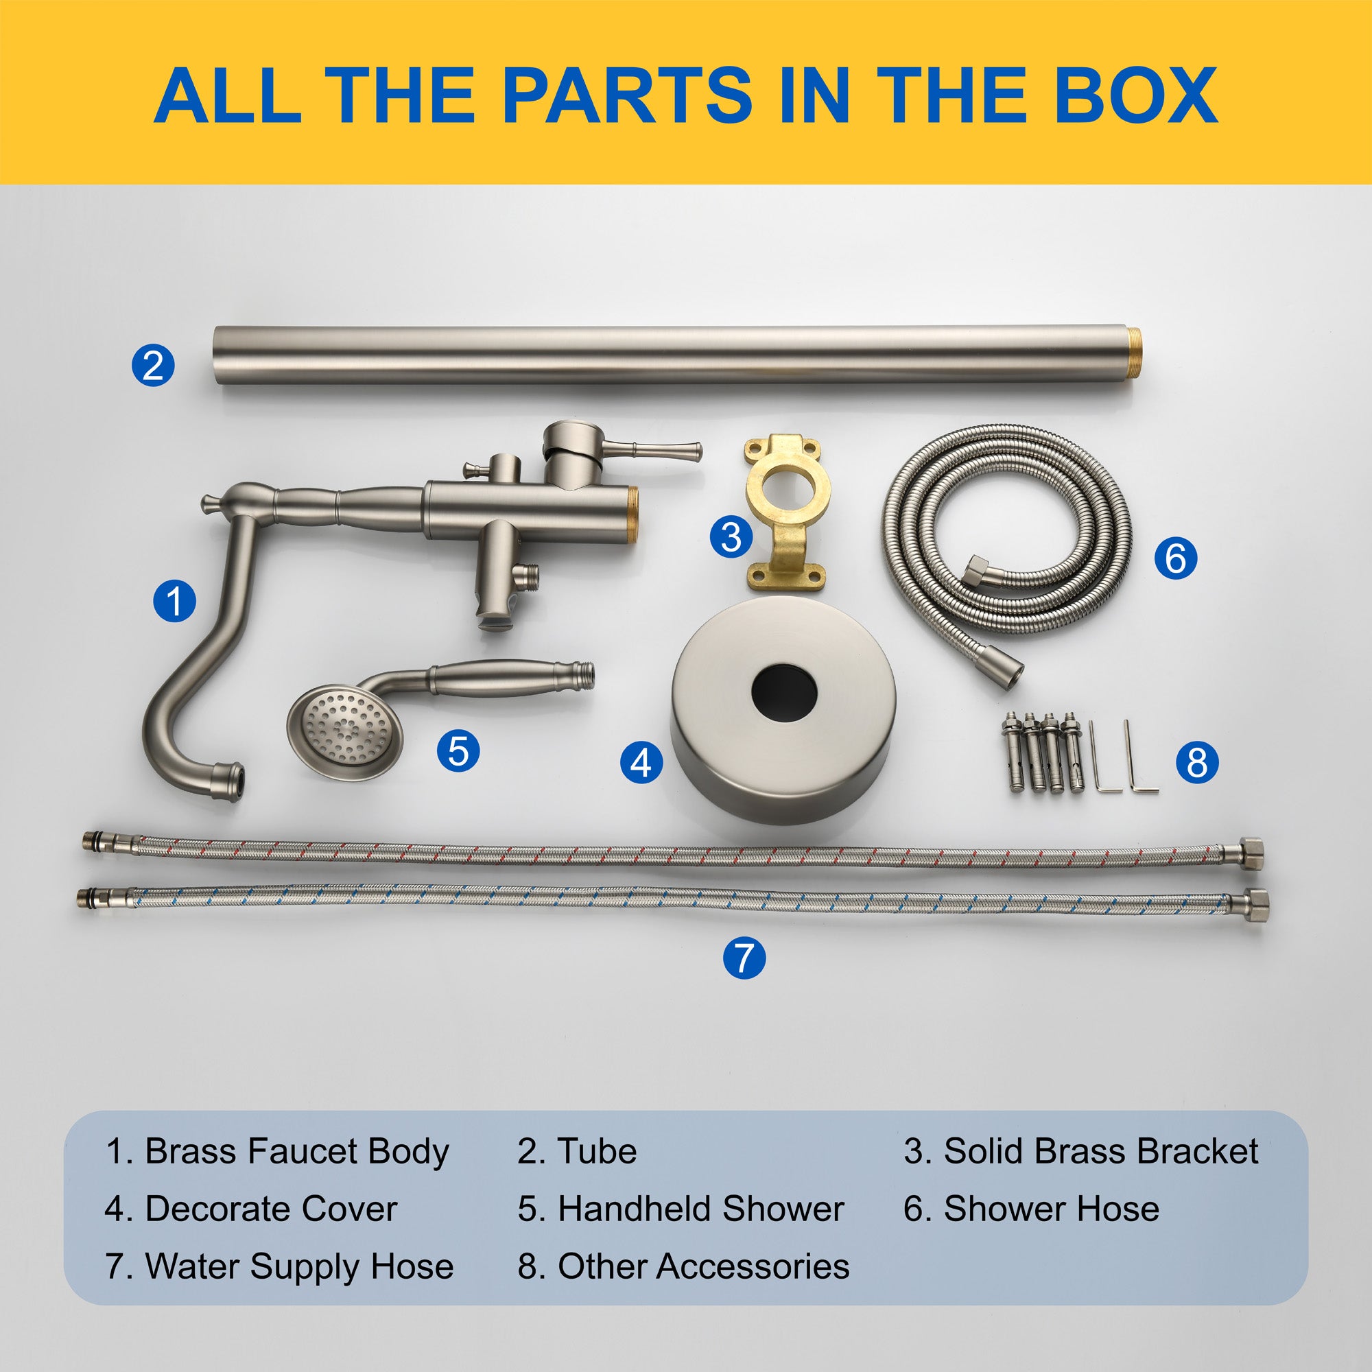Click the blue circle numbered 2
pyautogui.click(x=153, y=365)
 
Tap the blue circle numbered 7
pyautogui.click(x=744, y=958)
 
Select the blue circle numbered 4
pyautogui.click(x=641, y=764)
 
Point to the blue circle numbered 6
pyautogui.click(x=1175, y=558)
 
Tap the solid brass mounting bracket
pyautogui.click(x=786, y=512)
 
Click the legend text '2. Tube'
pyautogui.click(x=577, y=1151)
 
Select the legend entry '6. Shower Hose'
pyautogui.click(x=1031, y=1209)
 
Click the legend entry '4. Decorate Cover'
pyautogui.click(x=250, y=1209)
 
